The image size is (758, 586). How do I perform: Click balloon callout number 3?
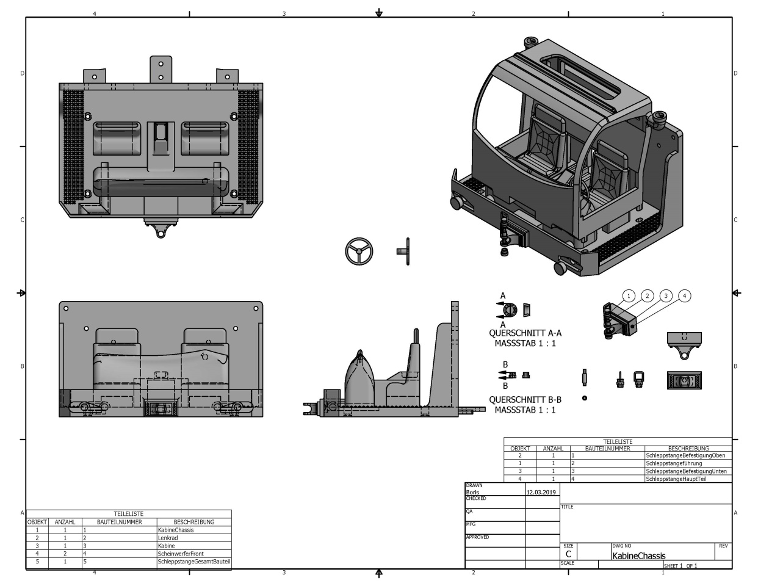pos(666,296)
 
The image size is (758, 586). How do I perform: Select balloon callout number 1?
pos(629,296)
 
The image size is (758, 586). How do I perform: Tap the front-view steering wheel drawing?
pos(359,251)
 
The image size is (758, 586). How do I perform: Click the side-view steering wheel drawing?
pos(403,251)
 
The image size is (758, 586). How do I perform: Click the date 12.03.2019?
pos(541,492)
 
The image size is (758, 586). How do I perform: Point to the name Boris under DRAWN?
pos(472,492)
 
